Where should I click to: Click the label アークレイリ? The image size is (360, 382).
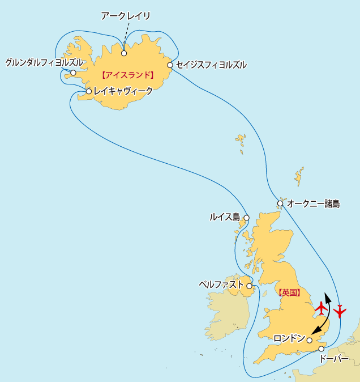pyautogui.click(x=125, y=16)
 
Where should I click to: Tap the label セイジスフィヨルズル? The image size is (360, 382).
pyautogui.click(x=211, y=65)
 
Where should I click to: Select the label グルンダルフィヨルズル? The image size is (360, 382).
pyautogui.click(x=44, y=62)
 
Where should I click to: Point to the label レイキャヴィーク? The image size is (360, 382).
pyautogui.click(x=123, y=91)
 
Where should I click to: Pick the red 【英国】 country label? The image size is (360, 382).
pyautogui.click(x=289, y=293)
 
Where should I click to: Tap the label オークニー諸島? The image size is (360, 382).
pyautogui.click(x=314, y=203)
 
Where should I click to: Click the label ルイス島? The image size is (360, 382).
pyautogui.click(x=225, y=217)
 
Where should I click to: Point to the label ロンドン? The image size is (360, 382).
pyautogui.click(x=289, y=339)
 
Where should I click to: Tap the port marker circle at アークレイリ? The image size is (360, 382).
pyautogui.click(x=123, y=54)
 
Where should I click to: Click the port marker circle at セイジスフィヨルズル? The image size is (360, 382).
pyautogui.click(x=170, y=65)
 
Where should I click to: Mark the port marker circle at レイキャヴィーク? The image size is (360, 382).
pyautogui.click(x=89, y=91)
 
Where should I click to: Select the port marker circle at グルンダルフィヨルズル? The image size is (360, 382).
pyautogui.click(x=73, y=73)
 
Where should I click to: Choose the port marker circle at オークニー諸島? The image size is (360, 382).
pyautogui.click(x=280, y=203)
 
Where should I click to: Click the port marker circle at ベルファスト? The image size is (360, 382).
pyautogui.click(x=249, y=286)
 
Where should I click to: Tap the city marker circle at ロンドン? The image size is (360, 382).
pyautogui.click(x=310, y=340)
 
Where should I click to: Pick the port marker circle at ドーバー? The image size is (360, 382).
pyautogui.click(x=321, y=349)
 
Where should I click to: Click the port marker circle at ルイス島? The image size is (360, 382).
pyautogui.click(x=246, y=218)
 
